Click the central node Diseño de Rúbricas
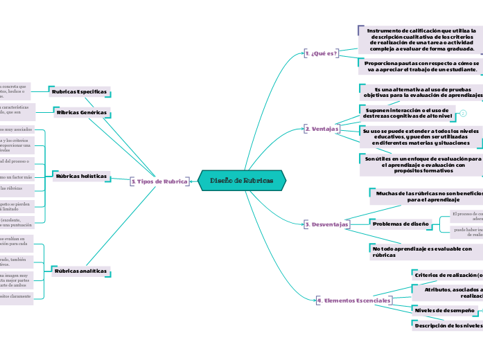pyautogui.click(x=242, y=181)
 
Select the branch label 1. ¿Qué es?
pyautogui.click(x=321, y=53)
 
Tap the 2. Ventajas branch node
pyautogui.click(x=322, y=129)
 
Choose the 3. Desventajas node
pyautogui.click(x=326, y=224)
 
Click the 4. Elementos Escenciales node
pyautogui.click(x=353, y=300)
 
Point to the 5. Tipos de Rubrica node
pyautogui.click(x=159, y=181)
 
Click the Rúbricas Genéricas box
pyautogui.click(x=81, y=111)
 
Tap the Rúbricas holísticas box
pyautogui.click(x=80, y=176)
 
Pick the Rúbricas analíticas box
pyautogui.click(x=80, y=271)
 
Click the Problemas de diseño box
pyautogui.click(x=401, y=224)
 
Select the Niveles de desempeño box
pyautogui.click(x=445, y=310)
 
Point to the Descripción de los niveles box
pyautogui.click(x=448, y=325)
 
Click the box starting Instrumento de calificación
pyautogui.click(x=421, y=40)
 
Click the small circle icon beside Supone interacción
pyautogui.click(x=463, y=113)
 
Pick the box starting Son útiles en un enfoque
pyautogui.click(x=421, y=165)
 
